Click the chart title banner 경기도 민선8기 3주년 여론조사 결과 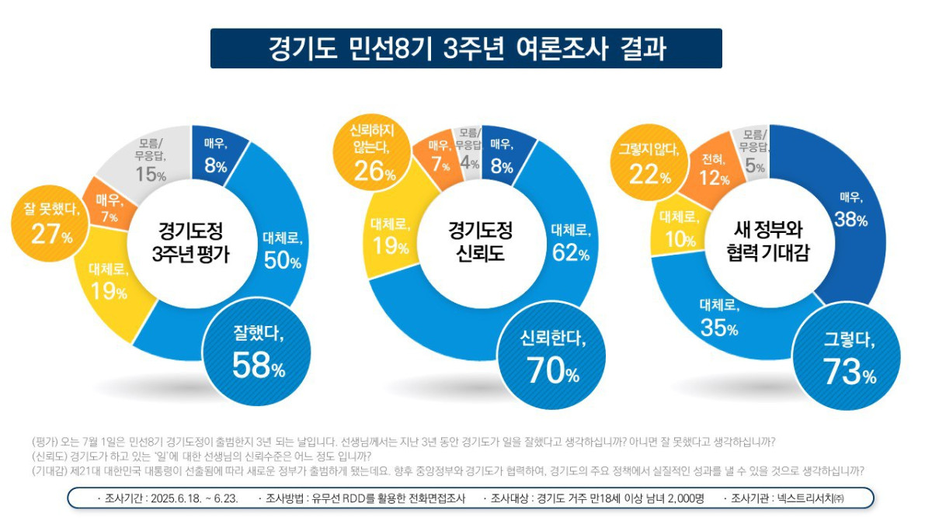[466, 48]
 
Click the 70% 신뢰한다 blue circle [552, 359]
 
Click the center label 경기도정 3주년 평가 [191, 242]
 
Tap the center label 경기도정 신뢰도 [479, 242]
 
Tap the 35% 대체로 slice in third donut [718, 318]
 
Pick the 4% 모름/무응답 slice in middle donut [468, 151]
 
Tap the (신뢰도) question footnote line [202, 456]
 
